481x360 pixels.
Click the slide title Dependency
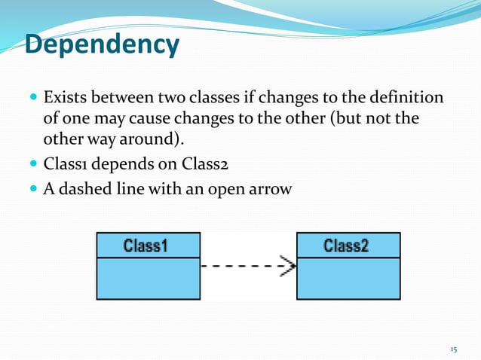tap(102, 44)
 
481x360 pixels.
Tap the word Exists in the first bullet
tap(64, 99)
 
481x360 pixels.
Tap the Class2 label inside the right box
tap(348, 246)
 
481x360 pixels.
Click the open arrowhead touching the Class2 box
tap(288, 266)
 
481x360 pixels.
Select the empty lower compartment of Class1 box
tap(148, 278)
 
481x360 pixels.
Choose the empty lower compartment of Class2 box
tap(348, 278)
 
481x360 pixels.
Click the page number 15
tap(453, 349)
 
